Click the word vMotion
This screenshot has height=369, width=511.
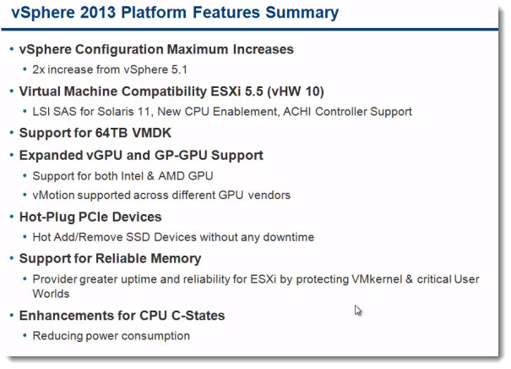pos(53,195)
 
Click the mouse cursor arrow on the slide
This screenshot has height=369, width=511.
pos(358,311)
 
